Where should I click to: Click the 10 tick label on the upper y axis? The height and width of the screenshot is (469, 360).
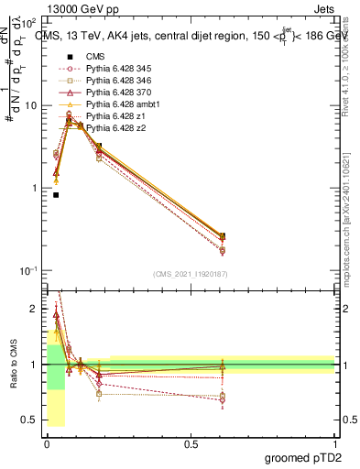pos(31,105)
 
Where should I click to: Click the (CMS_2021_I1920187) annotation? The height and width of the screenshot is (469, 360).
pos(190,274)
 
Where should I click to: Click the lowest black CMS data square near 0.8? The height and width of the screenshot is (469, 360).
pos(56,194)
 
